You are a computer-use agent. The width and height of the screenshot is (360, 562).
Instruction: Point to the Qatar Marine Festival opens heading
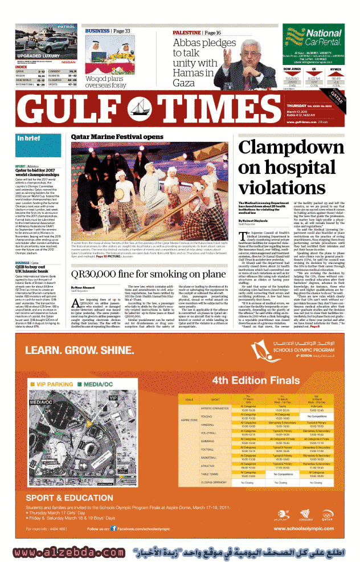tap(117, 137)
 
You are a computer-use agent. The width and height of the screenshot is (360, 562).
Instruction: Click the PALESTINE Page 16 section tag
tap(197, 33)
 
